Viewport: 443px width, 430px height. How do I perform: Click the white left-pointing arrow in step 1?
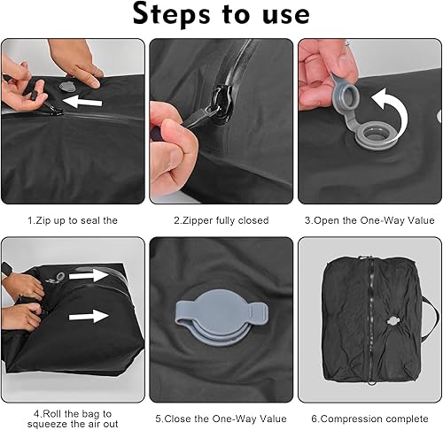coord(82,101)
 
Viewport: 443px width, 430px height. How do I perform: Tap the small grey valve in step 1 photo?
coord(65,86)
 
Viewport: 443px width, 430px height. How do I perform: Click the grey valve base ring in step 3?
coord(372,136)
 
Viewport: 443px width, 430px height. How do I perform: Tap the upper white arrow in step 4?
coord(89,276)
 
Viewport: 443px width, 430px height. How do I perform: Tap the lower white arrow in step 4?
coord(89,317)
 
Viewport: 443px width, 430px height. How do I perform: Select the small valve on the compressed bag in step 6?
coord(392,321)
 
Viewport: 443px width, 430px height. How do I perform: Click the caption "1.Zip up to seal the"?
coord(73,220)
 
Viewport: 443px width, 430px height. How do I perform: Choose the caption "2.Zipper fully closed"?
coord(221,220)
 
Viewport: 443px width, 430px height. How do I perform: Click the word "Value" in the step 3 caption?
coord(422,220)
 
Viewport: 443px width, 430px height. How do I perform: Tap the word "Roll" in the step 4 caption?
coord(52,414)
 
